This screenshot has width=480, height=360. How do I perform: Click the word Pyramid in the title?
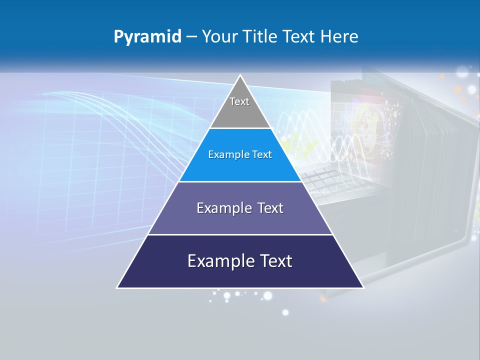pos(147,37)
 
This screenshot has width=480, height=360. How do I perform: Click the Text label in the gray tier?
pos(239,101)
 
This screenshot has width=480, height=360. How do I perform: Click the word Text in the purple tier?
pos(270,208)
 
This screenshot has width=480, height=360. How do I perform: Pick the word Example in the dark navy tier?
pos(219,261)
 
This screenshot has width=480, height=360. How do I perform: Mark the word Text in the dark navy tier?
pos(274,261)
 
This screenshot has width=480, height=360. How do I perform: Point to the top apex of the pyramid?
pos(240,75)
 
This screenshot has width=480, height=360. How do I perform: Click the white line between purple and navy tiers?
pos(240,234)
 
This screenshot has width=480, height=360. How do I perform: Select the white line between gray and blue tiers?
pos(240,128)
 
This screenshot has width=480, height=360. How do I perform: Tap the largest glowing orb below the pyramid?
pos(268,296)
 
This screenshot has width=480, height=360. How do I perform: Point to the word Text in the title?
pos(299,37)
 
